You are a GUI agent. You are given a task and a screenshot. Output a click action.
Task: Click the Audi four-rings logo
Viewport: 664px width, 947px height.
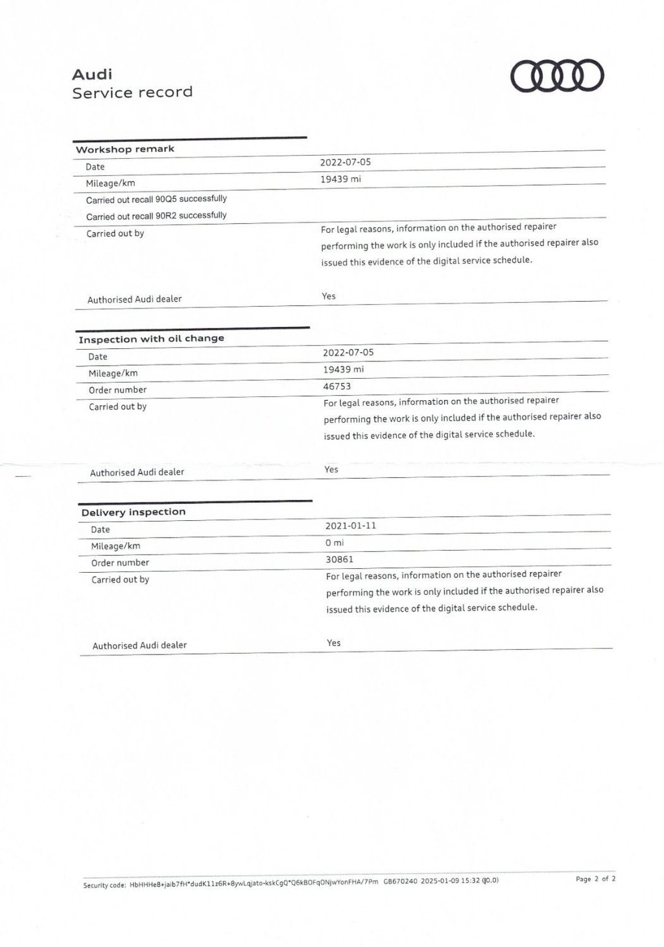[x=557, y=76]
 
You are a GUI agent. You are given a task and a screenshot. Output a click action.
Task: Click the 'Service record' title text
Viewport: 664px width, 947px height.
[x=132, y=93]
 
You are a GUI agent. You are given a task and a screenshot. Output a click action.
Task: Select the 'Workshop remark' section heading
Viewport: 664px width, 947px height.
[x=125, y=149]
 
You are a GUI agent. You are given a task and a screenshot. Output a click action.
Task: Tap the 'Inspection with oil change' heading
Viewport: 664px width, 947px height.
[x=151, y=339]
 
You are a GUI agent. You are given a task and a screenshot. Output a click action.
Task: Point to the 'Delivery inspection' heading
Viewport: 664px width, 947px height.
[x=134, y=512]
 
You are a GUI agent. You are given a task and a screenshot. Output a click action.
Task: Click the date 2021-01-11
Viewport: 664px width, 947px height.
[x=351, y=525]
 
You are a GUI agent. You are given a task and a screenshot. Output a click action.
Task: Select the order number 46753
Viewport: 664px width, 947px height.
[x=337, y=387]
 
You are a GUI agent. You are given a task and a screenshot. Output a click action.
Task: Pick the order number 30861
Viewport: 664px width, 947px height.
[x=340, y=559]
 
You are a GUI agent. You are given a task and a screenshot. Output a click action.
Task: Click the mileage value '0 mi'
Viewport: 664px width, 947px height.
[x=335, y=542]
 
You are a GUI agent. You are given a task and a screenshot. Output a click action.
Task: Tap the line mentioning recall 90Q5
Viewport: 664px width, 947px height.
[x=156, y=199]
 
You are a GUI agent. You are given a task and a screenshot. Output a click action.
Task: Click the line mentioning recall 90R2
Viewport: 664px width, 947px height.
[x=156, y=216]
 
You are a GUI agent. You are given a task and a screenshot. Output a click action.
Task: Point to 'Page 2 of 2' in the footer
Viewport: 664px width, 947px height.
[x=595, y=879]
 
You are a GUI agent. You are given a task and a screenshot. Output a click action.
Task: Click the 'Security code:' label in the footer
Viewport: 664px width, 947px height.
[x=104, y=885]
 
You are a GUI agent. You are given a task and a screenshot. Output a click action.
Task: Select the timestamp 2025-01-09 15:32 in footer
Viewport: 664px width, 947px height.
[x=450, y=881]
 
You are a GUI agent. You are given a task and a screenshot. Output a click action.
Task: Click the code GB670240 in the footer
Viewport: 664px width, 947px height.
[x=400, y=881]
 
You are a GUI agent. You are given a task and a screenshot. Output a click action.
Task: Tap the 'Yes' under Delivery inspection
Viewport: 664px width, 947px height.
[x=334, y=643]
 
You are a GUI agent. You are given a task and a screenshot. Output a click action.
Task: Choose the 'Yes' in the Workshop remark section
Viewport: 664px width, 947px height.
[x=329, y=296]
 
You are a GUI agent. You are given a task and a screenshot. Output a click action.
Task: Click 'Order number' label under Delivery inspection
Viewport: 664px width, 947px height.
[x=120, y=563]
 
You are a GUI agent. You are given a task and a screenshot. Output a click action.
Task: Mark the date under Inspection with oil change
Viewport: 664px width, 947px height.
[x=348, y=352]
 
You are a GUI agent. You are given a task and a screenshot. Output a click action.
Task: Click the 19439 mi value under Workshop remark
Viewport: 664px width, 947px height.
[x=340, y=179]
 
